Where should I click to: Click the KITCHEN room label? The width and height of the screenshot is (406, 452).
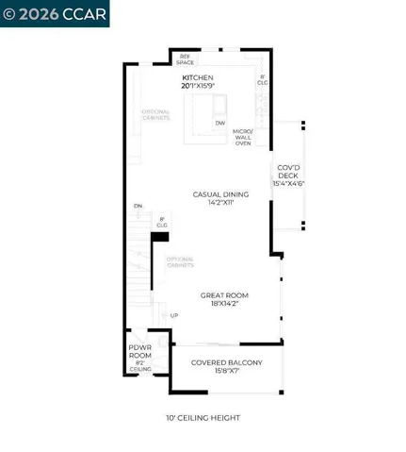pos(198,77)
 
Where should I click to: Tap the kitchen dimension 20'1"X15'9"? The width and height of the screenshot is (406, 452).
pos(198,86)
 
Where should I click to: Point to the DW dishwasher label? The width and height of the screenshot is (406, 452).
pos(219,123)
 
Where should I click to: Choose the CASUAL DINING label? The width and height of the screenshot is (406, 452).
pos(220,194)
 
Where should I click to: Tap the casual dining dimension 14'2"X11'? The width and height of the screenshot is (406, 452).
pos(220,202)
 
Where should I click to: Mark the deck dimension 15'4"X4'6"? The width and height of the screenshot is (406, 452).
pos(288,183)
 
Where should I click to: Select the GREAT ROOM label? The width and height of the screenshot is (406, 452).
pos(225,295)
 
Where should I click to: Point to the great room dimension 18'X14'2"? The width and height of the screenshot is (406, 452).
pos(225,304)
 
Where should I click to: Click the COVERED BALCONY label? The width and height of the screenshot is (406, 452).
pos(226,362)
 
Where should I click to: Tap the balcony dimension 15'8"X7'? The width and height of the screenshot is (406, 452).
pos(226,371)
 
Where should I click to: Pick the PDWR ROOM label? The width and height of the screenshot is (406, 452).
pos(140,351)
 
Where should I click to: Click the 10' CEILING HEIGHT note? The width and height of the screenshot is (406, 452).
pos(203,418)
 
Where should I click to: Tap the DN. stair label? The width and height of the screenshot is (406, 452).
pos(138,206)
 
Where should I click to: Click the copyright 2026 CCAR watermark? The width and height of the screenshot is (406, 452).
pos(55,13)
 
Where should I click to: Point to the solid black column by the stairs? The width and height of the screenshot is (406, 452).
pos(160,238)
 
